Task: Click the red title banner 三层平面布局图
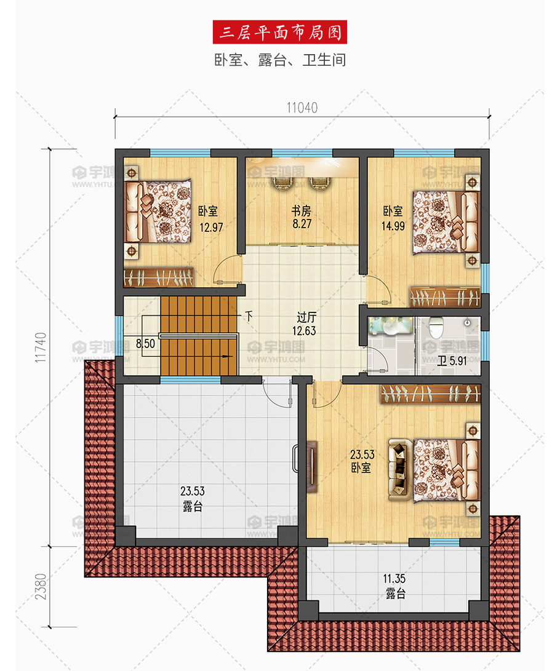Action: [279, 32]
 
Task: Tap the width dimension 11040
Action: [302, 108]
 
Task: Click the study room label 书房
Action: [302, 210]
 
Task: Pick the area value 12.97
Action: [212, 227]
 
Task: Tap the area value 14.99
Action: [393, 226]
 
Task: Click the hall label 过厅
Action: [306, 317]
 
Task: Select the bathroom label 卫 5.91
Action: [452, 361]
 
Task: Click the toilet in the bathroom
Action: [436, 328]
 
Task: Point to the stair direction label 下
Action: [249, 316]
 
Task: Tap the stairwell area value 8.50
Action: [146, 344]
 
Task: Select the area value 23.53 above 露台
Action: [193, 491]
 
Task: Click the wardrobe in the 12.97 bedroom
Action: [158, 278]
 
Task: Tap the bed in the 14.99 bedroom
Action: [446, 221]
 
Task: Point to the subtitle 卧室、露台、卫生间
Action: [280, 60]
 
